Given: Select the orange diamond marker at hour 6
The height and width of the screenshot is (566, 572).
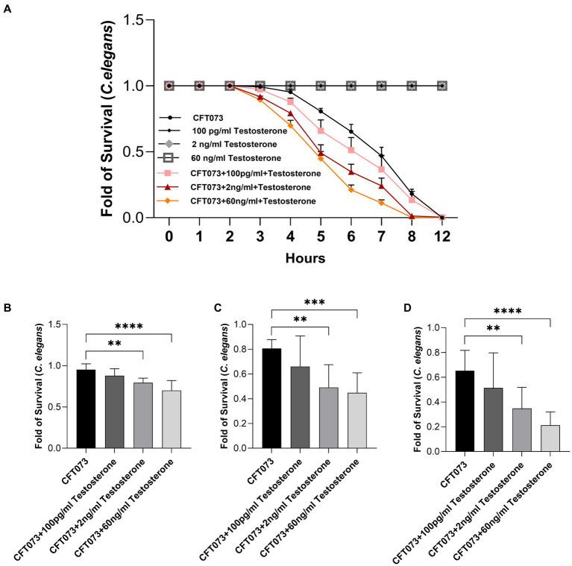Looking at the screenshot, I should coord(351,189).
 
